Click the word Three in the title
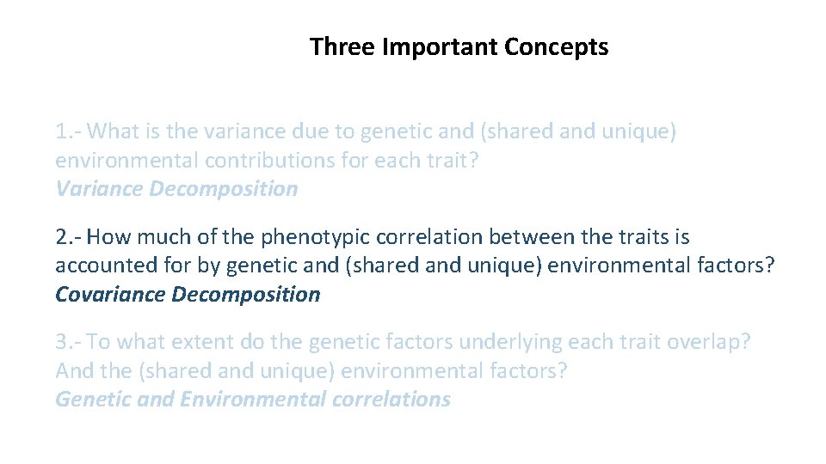[x=342, y=46]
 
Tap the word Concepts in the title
[x=557, y=46]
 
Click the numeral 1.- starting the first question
[x=68, y=132]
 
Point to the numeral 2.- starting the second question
[x=68, y=237]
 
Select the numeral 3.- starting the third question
[x=68, y=342]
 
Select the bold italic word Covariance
[x=110, y=295]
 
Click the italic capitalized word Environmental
[x=253, y=400]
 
